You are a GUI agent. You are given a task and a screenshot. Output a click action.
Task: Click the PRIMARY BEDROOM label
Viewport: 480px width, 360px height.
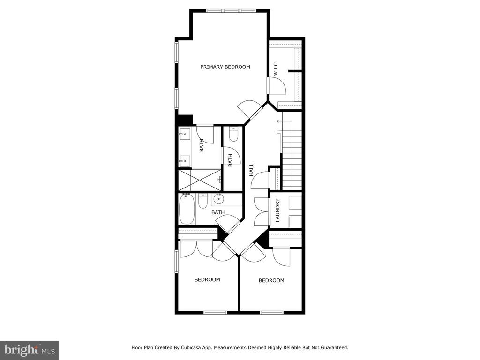click(x=225, y=67)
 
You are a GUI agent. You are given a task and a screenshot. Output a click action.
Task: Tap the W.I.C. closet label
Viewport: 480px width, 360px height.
click(x=276, y=68)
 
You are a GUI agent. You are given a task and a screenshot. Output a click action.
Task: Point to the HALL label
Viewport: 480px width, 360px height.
click(x=251, y=170)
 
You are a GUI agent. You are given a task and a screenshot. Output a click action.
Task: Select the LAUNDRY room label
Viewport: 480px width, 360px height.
click(x=277, y=210)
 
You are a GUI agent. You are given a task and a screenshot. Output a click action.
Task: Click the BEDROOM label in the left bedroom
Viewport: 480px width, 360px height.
click(x=207, y=279)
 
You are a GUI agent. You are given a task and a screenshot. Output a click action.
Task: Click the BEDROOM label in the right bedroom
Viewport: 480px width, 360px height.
click(x=271, y=280)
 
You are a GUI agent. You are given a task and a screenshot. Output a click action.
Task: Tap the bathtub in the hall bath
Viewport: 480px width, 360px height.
click(x=187, y=209)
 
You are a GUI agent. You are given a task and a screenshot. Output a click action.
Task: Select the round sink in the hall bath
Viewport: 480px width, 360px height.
click(x=219, y=199)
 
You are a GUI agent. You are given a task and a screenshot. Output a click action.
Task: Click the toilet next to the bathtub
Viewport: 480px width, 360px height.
click(x=202, y=201)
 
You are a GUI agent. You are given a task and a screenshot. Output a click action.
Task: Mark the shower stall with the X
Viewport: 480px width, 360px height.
click(x=200, y=180)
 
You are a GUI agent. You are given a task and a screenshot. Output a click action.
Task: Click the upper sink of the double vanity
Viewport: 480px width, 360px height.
click(x=185, y=134)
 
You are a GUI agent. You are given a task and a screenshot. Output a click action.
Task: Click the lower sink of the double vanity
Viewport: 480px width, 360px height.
click(x=185, y=160)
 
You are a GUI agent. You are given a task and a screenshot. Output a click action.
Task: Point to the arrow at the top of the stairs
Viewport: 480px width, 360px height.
click(x=278, y=121)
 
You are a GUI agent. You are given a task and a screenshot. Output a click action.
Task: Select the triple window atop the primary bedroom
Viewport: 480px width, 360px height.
click(x=231, y=11)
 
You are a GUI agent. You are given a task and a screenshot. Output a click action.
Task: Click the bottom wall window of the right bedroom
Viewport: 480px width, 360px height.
click(x=271, y=313)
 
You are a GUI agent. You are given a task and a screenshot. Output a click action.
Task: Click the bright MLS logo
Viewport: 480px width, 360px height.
click(x=30, y=350)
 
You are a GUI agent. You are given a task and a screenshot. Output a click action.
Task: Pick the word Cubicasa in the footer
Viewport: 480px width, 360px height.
click(x=192, y=348)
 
